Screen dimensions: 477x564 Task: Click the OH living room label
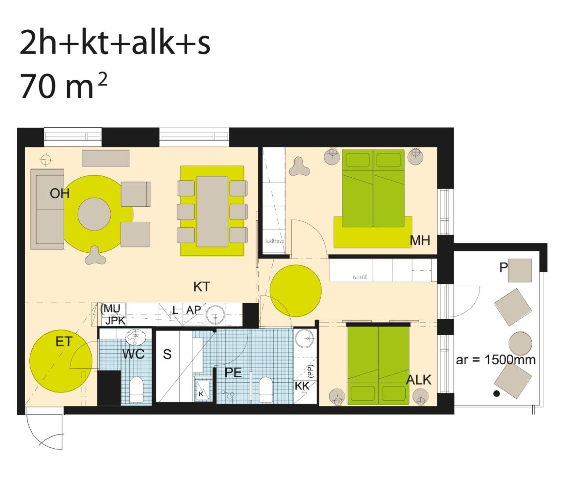60,193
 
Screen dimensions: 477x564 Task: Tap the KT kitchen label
202,287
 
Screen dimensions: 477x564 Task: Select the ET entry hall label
64,342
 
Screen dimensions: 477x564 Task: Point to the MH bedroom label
420,241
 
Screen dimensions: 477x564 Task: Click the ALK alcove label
418,380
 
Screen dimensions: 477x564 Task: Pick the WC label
133,354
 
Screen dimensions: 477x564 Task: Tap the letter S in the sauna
167,354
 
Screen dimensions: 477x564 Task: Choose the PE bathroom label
233,373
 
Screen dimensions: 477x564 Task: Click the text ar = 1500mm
496,359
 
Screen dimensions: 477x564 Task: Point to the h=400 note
360,277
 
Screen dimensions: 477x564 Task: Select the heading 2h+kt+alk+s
115,43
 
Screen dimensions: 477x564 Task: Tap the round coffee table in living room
94,214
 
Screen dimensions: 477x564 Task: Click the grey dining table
212,212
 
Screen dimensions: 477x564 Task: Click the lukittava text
275,241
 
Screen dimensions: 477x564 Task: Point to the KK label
302,386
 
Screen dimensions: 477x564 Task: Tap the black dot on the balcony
496,394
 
